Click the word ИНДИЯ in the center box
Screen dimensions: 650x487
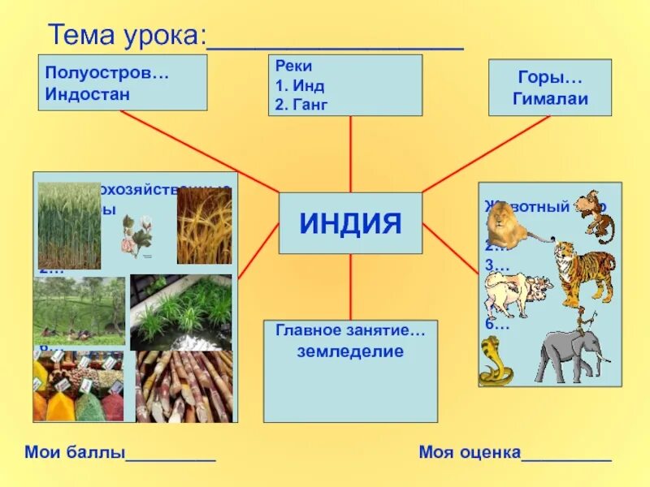tap(350, 223)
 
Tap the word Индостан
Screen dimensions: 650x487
tap(89, 93)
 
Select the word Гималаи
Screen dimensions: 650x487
tap(550, 100)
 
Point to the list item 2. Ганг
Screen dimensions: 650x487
tap(301, 104)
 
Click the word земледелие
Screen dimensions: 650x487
tap(350, 351)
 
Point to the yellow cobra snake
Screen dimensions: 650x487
tap(494, 361)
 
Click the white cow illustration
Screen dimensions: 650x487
tap(515, 293)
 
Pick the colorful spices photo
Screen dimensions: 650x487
tap(78, 388)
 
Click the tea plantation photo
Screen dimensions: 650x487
tap(79, 311)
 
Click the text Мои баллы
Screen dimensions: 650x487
tap(75, 452)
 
